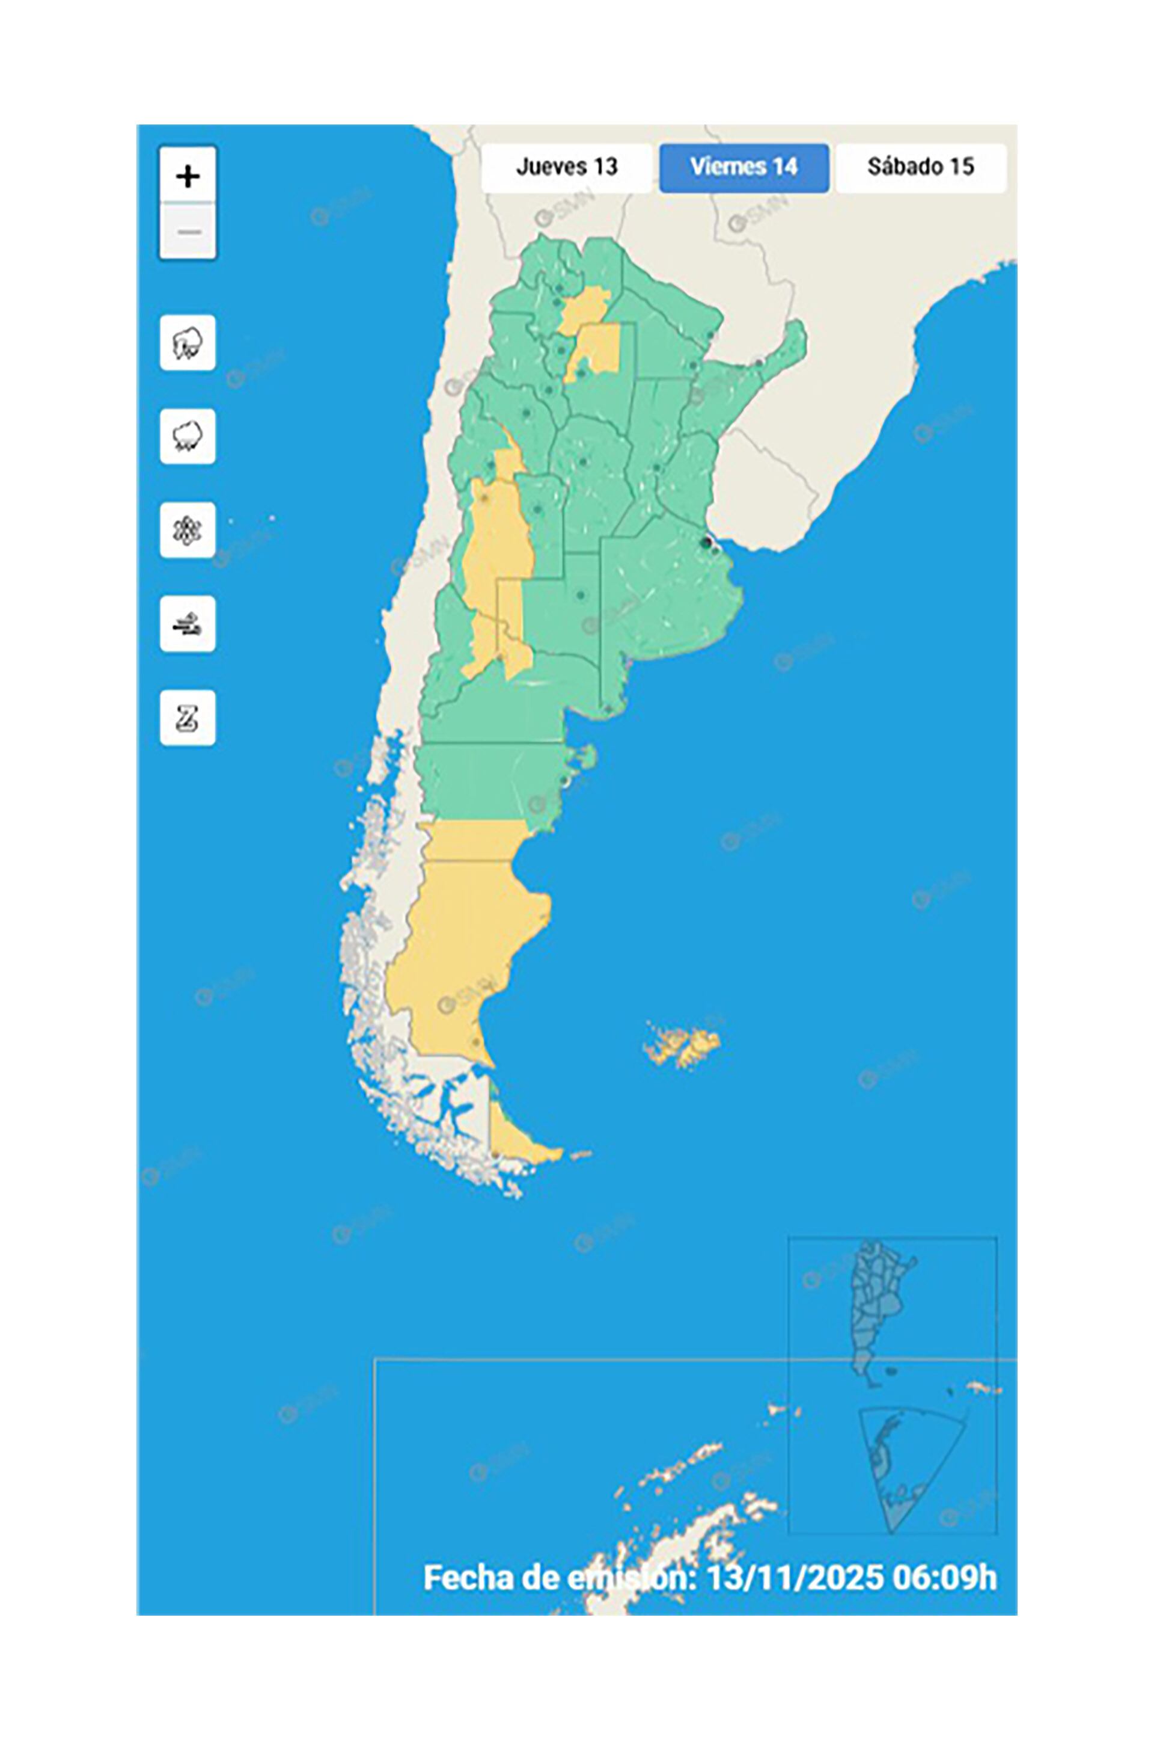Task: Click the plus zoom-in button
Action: [x=188, y=176]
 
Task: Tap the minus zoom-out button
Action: [x=188, y=231]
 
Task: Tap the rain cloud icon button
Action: [x=188, y=436]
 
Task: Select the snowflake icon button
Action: [x=188, y=530]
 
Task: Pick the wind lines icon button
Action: [x=188, y=624]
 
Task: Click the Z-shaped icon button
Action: [x=188, y=718]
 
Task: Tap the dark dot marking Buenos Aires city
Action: [x=706, y=543]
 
